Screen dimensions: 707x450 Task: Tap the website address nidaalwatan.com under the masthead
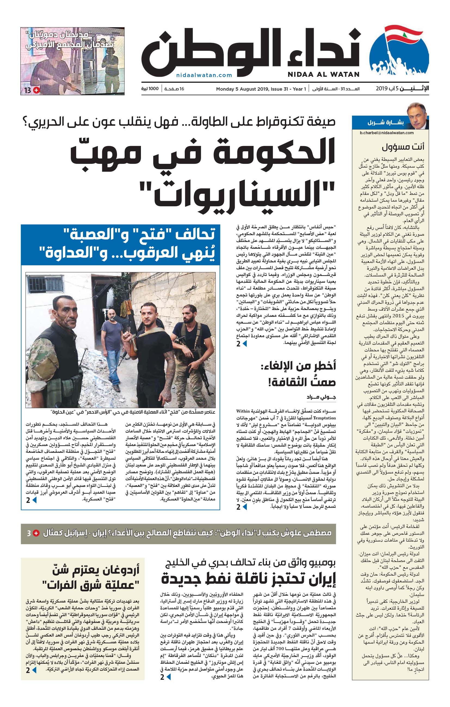pyautogui.click(x=204, y=75)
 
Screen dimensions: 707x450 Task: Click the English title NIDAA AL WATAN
pyautogui.click(x=323, y=75)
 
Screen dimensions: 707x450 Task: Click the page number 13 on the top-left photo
pyautogui.click(x=28, y=90)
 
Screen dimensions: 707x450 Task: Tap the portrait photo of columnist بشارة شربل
pyautogui.click(x=417, y=116)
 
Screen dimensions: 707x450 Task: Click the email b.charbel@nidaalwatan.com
pyautogui.click(x=387, y=133)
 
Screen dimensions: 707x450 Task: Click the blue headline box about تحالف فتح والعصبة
pyautogui.click(x=120, y=245)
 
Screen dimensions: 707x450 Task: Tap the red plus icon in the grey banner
pyautogui.click(x=36, y=533)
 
